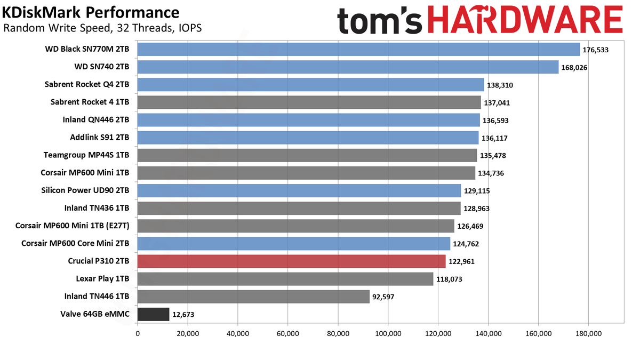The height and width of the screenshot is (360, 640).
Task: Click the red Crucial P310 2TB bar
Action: pos(291,261)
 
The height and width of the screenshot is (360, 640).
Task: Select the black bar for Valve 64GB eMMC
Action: pos(154,314)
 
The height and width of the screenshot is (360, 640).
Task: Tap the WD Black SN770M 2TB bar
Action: pos(358,50)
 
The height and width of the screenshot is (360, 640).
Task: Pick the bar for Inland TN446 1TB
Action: pos(253,297)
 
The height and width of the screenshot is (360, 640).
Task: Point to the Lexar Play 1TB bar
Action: pos(285,279)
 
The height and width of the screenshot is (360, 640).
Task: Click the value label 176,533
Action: pos(595,50)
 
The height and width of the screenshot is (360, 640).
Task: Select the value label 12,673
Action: pos(183,315)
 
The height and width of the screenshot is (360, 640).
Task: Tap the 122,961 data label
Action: pos(461,262)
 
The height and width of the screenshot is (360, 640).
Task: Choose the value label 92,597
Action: pos(383,297)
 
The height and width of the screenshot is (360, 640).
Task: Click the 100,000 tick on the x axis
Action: pos(388,333)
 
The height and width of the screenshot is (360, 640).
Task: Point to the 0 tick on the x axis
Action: pos(138,333)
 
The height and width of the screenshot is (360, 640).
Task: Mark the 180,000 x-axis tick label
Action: pos(589,333)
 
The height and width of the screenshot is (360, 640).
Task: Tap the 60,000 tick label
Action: pos(287,333)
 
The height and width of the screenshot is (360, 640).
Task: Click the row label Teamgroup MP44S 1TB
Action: pos(86,155)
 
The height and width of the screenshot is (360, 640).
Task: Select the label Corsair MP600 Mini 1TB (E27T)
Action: pos(73,226)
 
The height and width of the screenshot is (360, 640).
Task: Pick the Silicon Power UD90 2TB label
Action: pos(85,190)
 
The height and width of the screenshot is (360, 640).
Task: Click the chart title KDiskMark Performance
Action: pos(91,13)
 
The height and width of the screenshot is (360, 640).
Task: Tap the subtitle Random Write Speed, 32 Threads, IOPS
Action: pos(102,28)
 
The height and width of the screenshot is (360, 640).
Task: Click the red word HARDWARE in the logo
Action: pos(525,19)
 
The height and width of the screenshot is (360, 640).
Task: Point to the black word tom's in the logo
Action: pos(380,21)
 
